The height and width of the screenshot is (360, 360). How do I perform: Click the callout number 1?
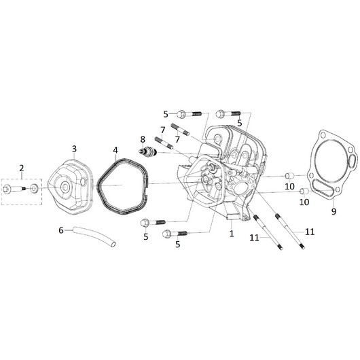232,234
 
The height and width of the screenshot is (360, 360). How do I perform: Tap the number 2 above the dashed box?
21,168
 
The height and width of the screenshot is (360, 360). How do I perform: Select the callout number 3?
74,149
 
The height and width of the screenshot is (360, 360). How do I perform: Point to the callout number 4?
115,150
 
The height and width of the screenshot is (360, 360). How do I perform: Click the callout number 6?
61,230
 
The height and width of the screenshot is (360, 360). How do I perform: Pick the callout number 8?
143,139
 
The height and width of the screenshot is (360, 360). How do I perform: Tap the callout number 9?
334,211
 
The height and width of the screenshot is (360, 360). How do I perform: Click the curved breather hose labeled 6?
94,236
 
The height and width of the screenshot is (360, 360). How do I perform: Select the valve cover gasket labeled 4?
122,186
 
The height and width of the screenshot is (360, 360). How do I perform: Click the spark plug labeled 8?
148,151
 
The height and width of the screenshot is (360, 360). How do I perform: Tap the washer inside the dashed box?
34,189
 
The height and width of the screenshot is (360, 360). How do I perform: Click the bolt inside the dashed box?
14,190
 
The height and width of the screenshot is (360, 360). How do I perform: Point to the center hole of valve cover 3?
65,187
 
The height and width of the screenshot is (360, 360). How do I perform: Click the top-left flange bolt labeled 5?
189,114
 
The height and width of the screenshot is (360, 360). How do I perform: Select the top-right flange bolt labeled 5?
228,113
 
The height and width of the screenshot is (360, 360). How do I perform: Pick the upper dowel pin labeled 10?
290,176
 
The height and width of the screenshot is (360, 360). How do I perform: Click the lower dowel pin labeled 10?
305,191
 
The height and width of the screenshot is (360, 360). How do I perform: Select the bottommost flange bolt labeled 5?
175,234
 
